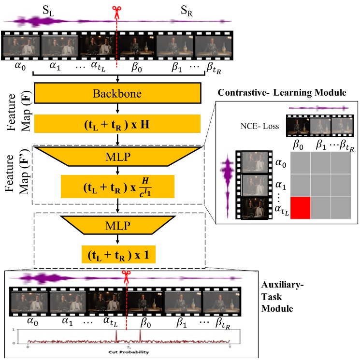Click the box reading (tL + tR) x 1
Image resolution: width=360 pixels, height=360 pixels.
coord(117,253)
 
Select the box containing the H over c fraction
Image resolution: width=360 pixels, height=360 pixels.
coord(117,187)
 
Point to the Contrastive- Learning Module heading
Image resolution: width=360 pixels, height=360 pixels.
coord(281,92)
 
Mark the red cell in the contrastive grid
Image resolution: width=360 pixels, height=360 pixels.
coord(295,208)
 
